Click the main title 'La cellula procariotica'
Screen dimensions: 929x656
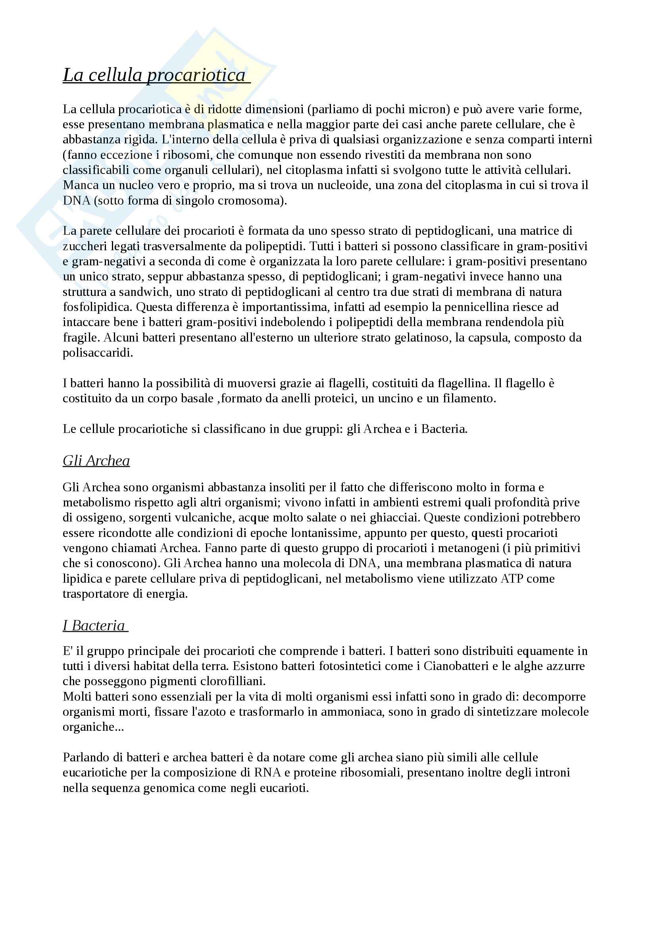point(154,75)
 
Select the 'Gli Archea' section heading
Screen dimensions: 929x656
point(96,461)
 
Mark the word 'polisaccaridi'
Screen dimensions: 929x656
point(97,353)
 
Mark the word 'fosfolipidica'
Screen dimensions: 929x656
point(97,307)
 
